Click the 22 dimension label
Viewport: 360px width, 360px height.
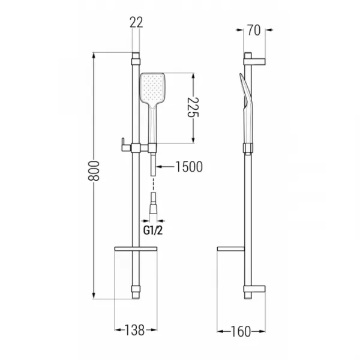tap(136, 23)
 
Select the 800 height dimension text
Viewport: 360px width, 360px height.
tap(94, 171)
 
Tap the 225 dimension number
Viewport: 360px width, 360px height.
tap(193, 107)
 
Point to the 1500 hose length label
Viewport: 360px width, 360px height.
tap(189, 167)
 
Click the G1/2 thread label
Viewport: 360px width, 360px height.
tap(153, 230)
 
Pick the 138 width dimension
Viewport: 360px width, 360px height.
tap(135, 330)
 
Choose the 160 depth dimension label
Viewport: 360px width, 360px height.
tap(241, 332)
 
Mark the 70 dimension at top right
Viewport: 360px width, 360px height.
tap(254, 31)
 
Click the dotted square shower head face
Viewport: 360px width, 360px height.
tap(152, 88)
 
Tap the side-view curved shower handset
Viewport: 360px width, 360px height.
tap(246, 108)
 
